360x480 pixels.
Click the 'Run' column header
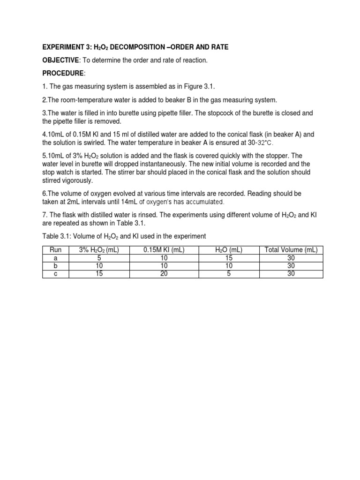tap(55, 250)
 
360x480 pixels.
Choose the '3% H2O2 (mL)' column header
tap(99, 250)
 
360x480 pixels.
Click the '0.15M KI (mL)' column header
tap(164, 250)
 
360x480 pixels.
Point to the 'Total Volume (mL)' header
tap(291, 250)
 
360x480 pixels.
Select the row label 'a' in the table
tap(55, 258)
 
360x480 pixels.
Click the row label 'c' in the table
tap(55, 274)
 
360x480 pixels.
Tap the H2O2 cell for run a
tap(99, 258)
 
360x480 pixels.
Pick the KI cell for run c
tap(164, 274)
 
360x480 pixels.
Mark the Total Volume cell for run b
tap(291, 266)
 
